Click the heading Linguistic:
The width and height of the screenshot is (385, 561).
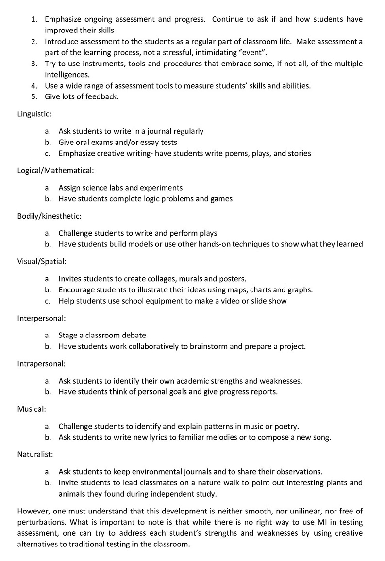pos(34,114)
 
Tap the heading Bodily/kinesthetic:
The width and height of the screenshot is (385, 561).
pos(49,216)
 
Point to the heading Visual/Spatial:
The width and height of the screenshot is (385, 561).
pos(42,261)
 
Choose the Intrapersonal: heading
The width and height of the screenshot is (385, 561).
pos(41,363)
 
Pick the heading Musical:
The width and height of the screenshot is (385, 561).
pos(32,409)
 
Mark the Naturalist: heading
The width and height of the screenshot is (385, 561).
pos(35,454)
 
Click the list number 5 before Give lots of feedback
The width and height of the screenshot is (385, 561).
pos(34,96)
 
